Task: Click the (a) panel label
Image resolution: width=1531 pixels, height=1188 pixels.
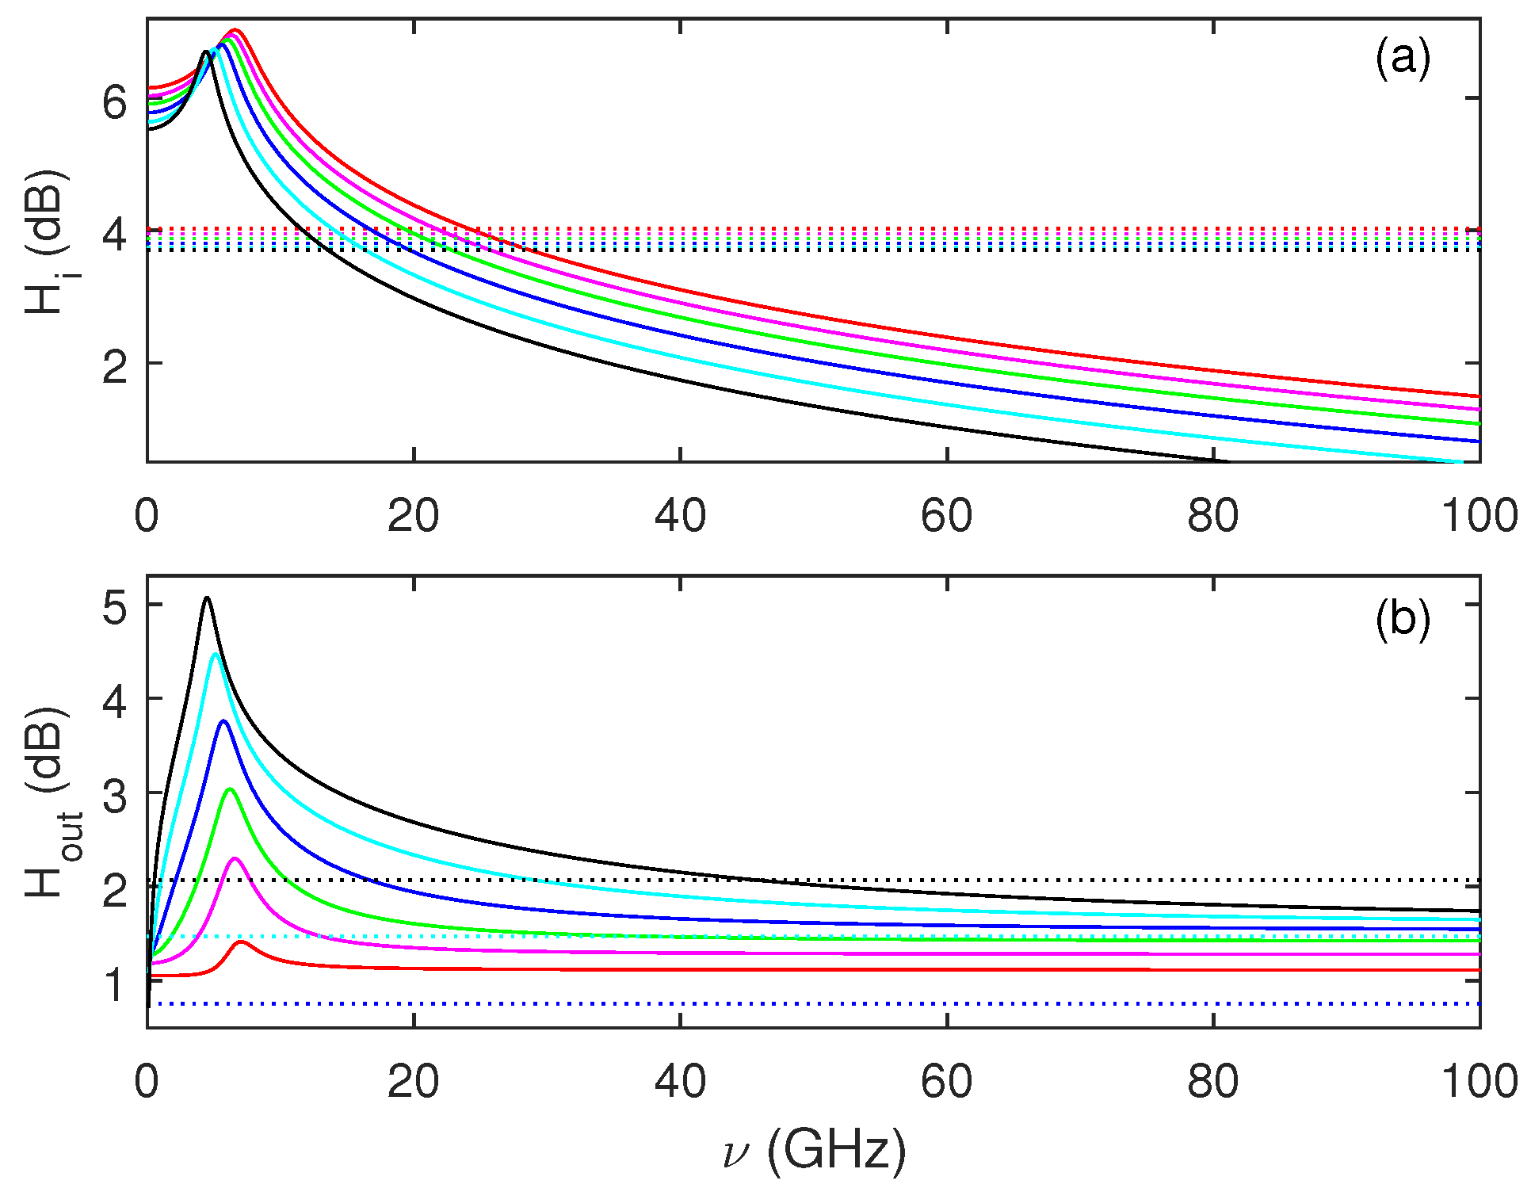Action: pos(1402,58)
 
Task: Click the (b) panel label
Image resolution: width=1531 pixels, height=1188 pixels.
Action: pos(1402,619)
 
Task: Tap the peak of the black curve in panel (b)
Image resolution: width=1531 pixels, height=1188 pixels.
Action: pos(207,598)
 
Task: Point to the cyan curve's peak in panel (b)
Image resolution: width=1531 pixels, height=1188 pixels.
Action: pos(215,655)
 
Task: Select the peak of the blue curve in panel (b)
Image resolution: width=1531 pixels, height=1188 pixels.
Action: pos(223,721)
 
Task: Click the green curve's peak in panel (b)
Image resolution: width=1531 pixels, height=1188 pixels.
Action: pos(231,789)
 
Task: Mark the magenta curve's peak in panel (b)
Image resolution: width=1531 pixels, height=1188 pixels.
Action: pos(235,859)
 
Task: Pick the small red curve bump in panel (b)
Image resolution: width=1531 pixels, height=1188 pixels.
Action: pos(241,942)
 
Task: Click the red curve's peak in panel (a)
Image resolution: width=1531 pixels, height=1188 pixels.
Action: pos(235,30)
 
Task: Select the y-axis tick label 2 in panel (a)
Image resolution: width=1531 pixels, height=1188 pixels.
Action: pos(115,367)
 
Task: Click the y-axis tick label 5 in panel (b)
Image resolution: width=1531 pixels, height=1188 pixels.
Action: pos(115,609)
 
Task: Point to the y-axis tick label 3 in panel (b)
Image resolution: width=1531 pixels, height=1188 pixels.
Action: pos(115,796)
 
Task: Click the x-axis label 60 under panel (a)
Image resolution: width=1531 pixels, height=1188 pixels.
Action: pos(946,516)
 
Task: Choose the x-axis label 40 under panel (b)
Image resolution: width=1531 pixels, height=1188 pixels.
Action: pos(679,1081)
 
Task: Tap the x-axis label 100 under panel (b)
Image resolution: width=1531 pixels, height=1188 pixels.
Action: pos(1478,1081)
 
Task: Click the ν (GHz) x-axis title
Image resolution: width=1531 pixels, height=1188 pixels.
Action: pos(815,1149)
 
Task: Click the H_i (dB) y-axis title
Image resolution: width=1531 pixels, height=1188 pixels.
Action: pos(48,242)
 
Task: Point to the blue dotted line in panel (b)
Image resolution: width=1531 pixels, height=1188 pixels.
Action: pos(792,1004)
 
